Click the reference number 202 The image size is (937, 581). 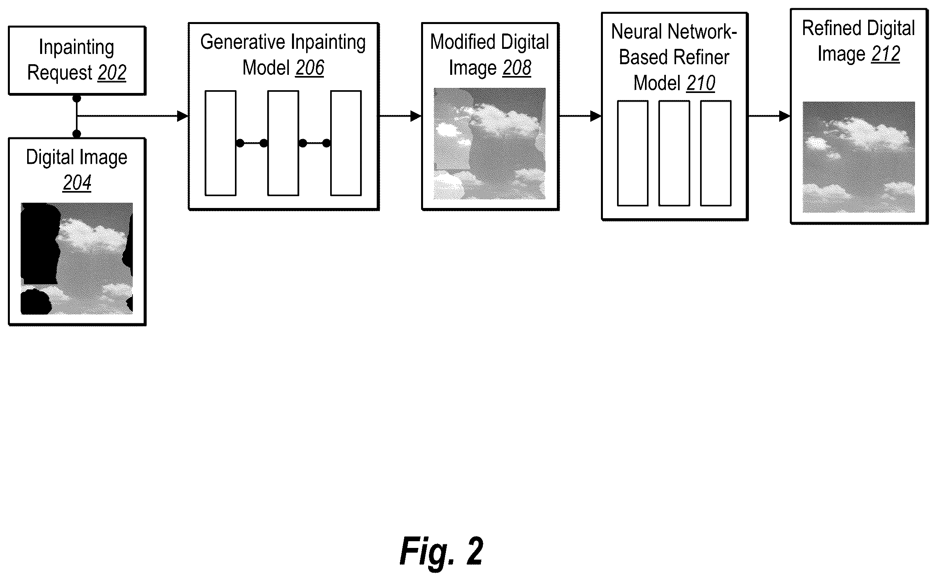112,73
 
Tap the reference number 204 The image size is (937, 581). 77,183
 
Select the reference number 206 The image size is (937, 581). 310,68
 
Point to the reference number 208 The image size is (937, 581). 517,68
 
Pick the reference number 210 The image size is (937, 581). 701,83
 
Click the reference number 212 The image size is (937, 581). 886,54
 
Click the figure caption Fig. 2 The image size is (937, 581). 442,551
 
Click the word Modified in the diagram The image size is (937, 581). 457,42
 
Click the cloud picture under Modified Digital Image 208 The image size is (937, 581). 490,143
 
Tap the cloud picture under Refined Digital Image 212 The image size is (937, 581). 859,157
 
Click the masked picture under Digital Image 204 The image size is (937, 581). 77,259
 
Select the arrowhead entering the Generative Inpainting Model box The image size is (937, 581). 183,116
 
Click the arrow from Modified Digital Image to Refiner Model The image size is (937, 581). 580,116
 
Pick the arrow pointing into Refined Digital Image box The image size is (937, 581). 769,116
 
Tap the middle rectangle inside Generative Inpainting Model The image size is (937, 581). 283,143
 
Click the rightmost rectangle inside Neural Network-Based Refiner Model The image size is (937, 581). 716,153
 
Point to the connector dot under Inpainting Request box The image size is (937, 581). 77,98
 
